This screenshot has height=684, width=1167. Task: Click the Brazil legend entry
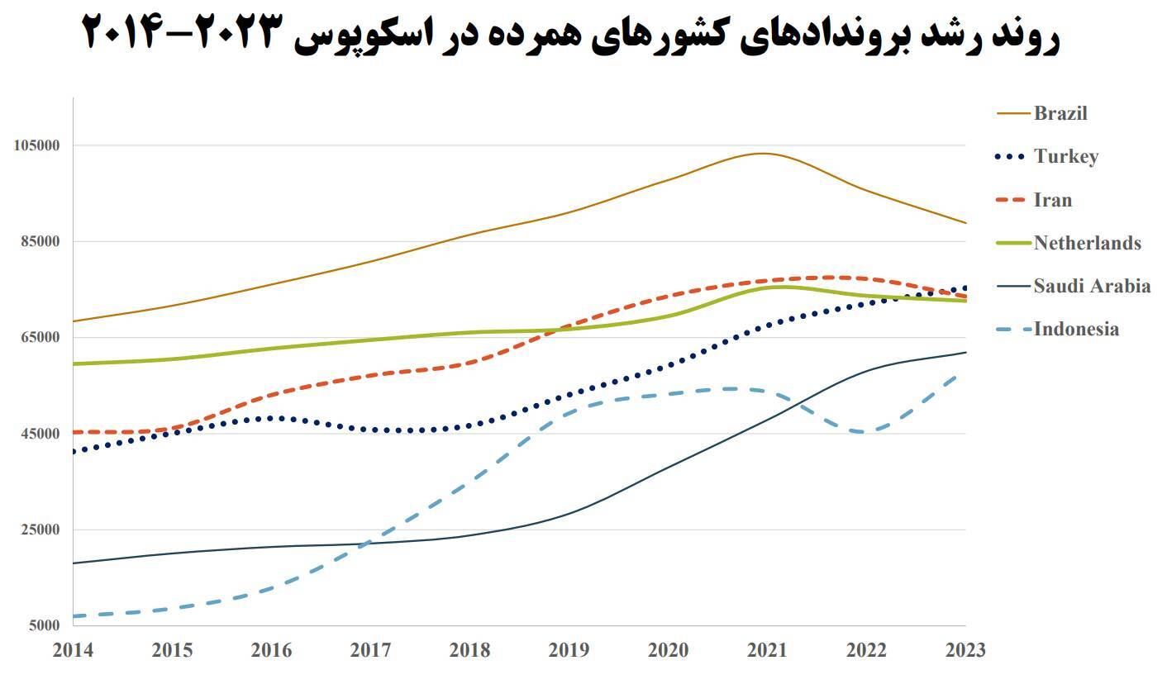1060,114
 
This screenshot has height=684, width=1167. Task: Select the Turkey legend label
1065,157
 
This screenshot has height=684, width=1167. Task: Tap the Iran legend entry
1052,200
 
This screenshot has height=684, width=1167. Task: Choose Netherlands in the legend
1087,243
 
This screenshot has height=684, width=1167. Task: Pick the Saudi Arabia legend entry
1091,286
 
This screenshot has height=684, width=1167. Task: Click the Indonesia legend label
1076,329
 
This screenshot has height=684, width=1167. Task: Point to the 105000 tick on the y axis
37,145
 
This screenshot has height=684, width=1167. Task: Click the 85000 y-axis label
40,241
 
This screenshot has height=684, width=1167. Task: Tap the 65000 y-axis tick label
40,337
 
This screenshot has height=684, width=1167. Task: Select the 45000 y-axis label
40,434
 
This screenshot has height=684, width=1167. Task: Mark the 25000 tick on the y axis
40,530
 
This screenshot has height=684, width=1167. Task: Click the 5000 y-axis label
44,625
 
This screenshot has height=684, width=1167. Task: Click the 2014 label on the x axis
73,650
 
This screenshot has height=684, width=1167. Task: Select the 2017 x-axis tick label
370,650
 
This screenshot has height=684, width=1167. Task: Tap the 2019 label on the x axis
569,650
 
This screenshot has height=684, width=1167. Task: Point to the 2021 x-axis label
767,650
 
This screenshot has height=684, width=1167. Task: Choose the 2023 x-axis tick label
965,650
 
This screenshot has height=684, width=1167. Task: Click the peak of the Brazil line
763,153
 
